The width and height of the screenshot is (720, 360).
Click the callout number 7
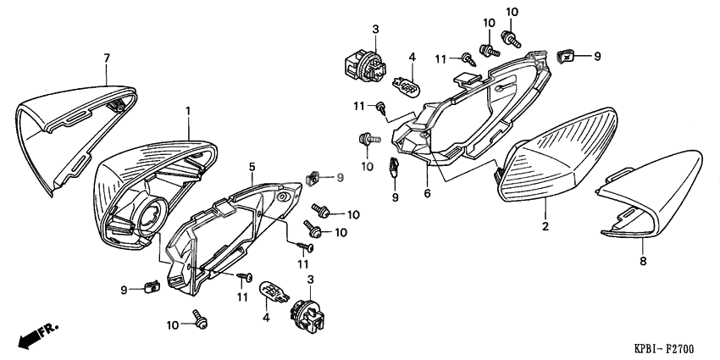click(107, 58)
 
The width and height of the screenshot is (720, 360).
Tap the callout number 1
click(188, 111)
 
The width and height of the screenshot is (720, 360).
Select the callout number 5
click(252, 168)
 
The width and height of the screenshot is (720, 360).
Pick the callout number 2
click(546, 226)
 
